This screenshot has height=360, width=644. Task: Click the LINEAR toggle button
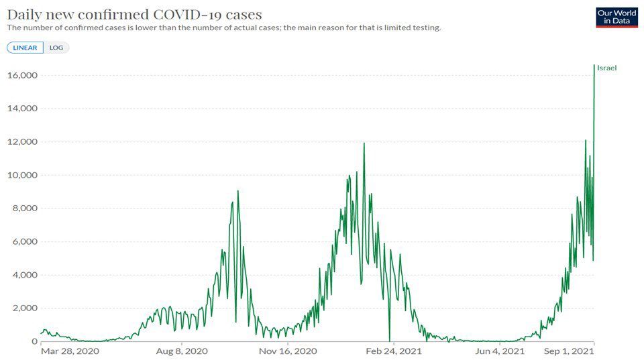tap(25, 48)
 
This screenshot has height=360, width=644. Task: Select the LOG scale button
tap(56, 48)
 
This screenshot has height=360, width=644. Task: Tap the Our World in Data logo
tap(616, 17)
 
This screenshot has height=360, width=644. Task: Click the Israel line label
tap(606, 68)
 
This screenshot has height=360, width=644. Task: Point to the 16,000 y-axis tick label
tap(21, 75)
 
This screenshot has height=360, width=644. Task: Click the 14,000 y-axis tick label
tap(21, 109)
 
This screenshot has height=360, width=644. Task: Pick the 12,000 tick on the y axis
tap(21, 142)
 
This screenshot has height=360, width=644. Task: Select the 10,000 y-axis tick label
tap(21, 175)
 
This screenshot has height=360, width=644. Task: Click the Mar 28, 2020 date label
tap(70, 351)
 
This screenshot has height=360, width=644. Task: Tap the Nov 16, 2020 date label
tap(288, 351)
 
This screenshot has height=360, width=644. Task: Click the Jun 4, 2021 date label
tap(500, 351)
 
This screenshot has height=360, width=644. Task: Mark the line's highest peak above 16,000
tap(594, 65)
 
